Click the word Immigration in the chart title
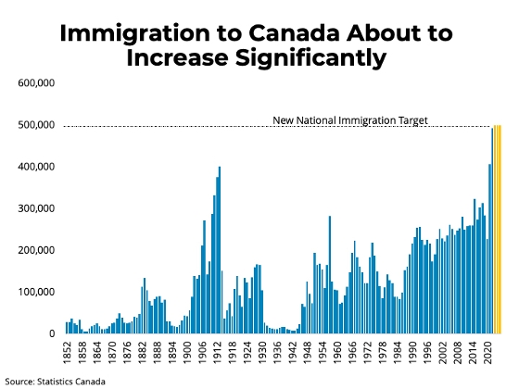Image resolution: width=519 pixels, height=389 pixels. (x=134, y=34)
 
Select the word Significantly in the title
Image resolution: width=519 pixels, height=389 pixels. (x=310, y=58)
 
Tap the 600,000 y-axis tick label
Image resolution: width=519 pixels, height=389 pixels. (x=36, y=83)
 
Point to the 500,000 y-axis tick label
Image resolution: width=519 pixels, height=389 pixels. (x=36, y=125)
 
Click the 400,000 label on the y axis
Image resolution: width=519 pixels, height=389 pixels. (x=36, y=167)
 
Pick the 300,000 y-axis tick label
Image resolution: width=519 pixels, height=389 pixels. (x=36, y=208)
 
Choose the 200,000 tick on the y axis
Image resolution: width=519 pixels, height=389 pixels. (x=36, y=250)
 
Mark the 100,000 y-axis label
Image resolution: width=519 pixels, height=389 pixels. (x=36, y=292)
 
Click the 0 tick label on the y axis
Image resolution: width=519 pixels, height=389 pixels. (x=52, y=333)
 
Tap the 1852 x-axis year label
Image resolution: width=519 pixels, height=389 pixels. (x=68, y=353)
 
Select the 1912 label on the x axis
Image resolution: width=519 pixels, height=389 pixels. (x=218, y=353)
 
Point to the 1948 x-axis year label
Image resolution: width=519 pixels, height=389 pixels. (x=308, y=353)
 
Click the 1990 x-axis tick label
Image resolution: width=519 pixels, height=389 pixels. (x=412, y=353)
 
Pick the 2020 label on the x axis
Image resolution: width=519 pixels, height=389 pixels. (x=487, y=353)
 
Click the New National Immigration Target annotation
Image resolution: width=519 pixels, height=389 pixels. (x=350, y=120)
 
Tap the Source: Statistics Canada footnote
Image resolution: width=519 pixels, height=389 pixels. (x=56, y=382)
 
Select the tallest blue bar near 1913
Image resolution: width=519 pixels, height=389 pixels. (x=220, y=250)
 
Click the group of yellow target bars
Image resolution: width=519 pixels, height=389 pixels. (x=498, y=230)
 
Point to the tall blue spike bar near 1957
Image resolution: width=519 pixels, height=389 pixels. (x=330, y=275)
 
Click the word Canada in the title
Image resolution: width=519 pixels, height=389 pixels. (x=294, y=34)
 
